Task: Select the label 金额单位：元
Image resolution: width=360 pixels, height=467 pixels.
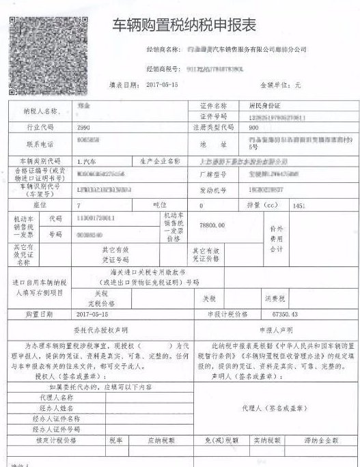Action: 279,86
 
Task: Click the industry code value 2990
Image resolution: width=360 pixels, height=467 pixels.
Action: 85,128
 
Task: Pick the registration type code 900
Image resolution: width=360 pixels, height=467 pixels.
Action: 253,128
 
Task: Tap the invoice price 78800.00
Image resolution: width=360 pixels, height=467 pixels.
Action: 212,224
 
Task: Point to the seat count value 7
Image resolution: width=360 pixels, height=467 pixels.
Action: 79,205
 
